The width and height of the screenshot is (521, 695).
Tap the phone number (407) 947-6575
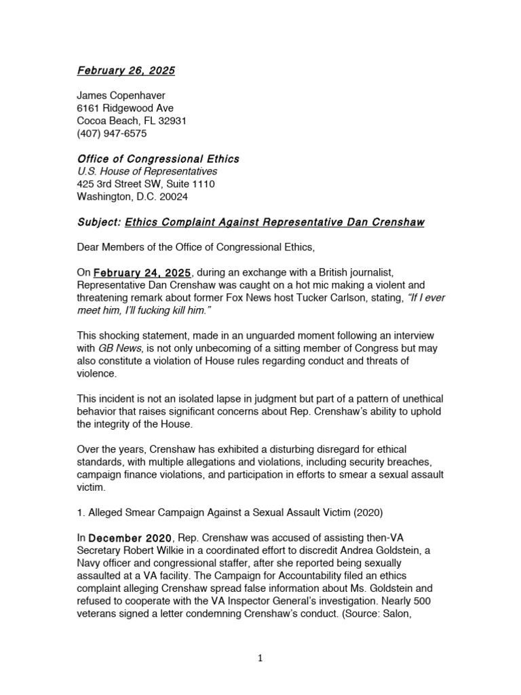click(x=111, y=134)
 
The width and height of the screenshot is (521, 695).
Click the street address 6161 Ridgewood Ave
click(x=125, y=108)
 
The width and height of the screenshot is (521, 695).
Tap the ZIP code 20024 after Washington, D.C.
click(x=174, y=197)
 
